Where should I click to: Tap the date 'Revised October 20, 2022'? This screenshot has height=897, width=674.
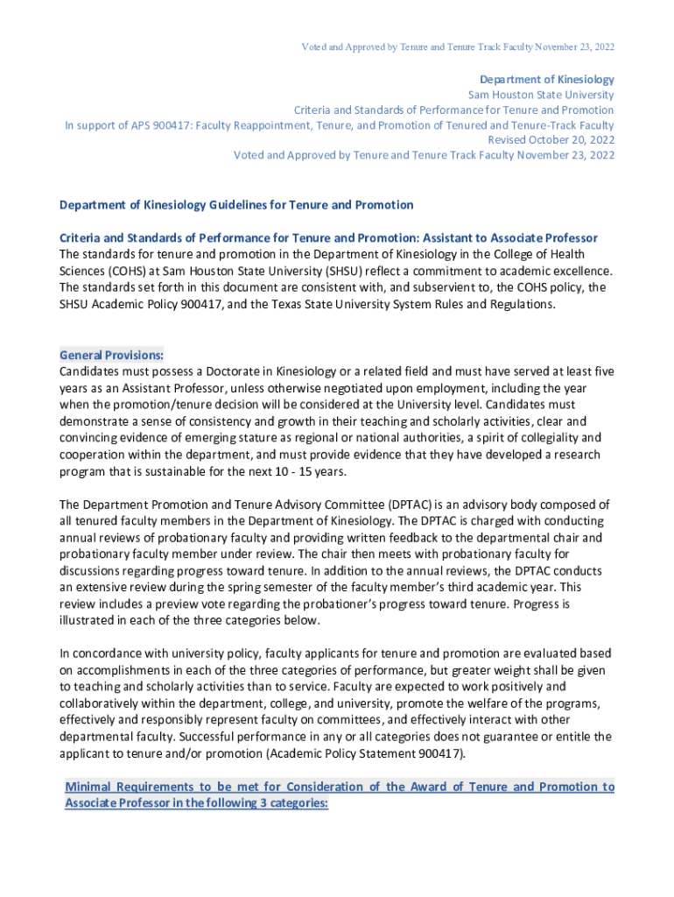551,140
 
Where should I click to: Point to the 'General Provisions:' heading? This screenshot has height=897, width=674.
112,356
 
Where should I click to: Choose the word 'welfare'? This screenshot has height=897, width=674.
464,703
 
